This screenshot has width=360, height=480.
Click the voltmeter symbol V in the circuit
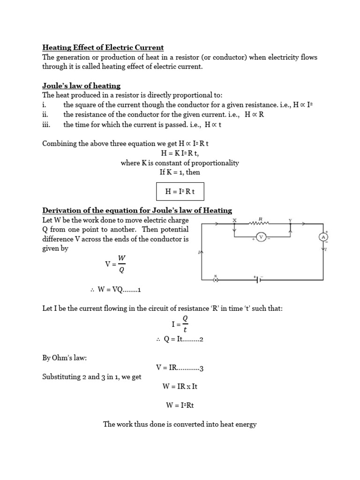click(x=262, y=238)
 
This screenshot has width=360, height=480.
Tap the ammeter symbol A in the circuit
click(x=323, y=237)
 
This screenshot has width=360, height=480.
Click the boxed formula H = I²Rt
click(x=180, y=191)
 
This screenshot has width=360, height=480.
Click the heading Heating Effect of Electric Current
click(x=103, y=47)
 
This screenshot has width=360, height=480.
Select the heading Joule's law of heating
click(x=82, y=86)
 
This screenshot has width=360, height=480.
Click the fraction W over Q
click(x=122, y=263)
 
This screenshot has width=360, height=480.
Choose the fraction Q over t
click(x=185, y=323)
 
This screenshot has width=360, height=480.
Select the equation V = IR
click(x=180, y=367)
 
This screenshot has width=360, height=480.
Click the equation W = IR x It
click(x=180, y=386)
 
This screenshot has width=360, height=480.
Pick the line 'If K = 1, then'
click(x=180, y=172)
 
